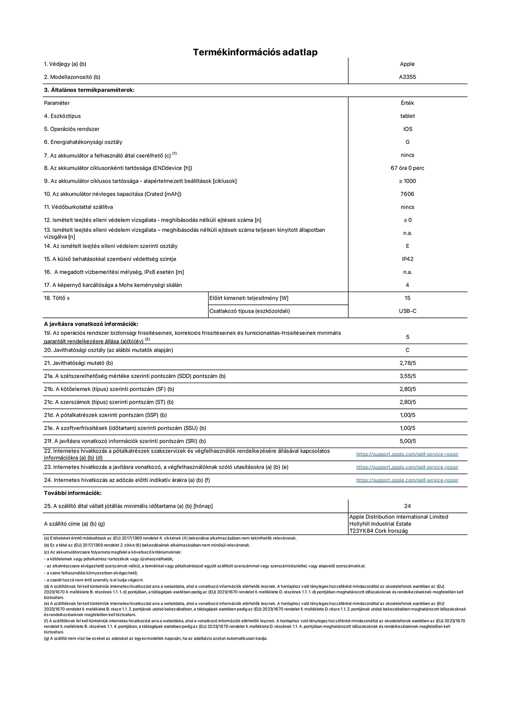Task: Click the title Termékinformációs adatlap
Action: [x=255, y=52]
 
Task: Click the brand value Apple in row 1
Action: [x=407, y=64]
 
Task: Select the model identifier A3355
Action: [x=407, y=77]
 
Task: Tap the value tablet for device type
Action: [x=407, y=116]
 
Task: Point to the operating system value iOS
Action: [x=408, y=129]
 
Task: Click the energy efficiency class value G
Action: [x=408, y=142]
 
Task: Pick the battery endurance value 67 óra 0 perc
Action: [x=407, y=168]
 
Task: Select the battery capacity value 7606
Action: [x=407, y=194]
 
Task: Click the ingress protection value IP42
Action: [x=408, y=259]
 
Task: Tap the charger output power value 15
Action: [x=408, y=298]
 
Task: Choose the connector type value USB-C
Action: [x=408, y=311]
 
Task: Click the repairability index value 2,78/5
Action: [x=408, y=363]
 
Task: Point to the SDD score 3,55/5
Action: [x=408, y=376]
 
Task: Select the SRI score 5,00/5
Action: [x=408, y=441]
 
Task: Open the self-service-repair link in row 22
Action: [x=407, y=454]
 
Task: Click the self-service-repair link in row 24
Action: [x=407, y=480]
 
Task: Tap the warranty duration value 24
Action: [x=408, y=506]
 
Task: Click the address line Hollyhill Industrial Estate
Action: [x=380, y=524]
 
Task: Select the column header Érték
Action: [x=407, y=103]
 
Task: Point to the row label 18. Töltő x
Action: [x=57, y=298]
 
